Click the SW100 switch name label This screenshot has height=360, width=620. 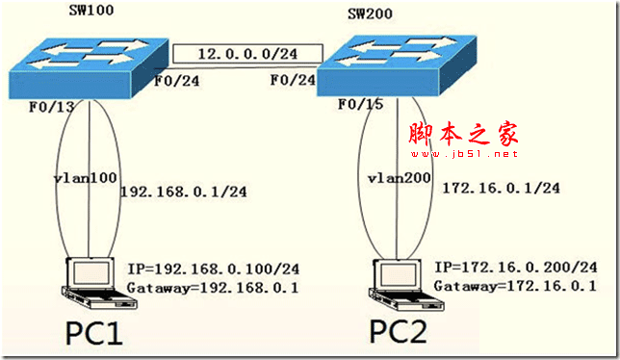pos(91,10)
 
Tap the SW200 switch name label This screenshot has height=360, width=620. pos(370,13)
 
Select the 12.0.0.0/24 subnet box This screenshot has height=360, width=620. pos(248,54)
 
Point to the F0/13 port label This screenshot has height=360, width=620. pos(52,107)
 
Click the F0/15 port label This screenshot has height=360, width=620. pos(361,104)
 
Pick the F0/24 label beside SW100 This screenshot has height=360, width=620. pos(177,81)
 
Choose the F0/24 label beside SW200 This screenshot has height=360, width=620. pos(293,80)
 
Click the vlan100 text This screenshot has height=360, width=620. pos(85,178)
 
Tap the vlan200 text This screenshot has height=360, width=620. pos(400,178)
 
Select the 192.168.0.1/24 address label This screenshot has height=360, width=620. pos(184,192)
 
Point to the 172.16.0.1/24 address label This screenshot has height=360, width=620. pos(501,188)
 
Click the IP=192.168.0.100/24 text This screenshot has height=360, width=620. pos(214,270)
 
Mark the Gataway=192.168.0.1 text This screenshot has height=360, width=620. pos(213,287)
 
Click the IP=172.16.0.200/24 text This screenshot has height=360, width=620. pos(516,268)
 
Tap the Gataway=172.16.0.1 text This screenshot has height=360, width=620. pos(515,285)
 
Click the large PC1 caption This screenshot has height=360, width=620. pos(93,334)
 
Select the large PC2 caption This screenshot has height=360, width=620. pos(399,332)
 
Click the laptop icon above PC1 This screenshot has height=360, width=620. pos(99,283)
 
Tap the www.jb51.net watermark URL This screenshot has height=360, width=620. pos(464,154)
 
